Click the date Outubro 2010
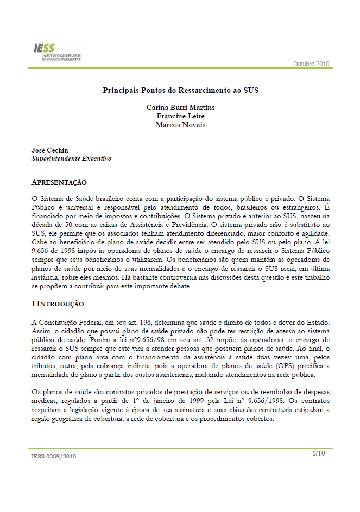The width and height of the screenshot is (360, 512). (311, 64)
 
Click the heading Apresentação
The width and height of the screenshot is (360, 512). (59, 182)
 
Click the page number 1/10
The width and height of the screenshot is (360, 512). (318, 453)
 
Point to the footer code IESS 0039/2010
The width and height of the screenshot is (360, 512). (54, 457)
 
